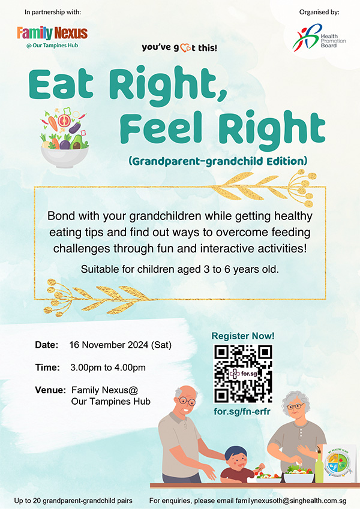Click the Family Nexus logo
pyautogui.click(x=52, y=37)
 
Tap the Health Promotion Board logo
pyautogui.click(x=319, y=38)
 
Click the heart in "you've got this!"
pyautogui.click(x=185, y=49)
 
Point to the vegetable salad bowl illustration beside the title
pyautogui.click(x=64, y=138)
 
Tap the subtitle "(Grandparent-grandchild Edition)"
pyautogui.click(x=218, y=161)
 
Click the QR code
pyautogui.click(x=243, y=374)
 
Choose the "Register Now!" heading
pyautogui.click(x=243, y=336)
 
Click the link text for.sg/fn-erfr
pyautogui.click(x=242, y=411)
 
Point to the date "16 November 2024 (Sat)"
pyautogui.click(x=120, y=345)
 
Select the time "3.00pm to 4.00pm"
pyautogui.click(x=108, y=368)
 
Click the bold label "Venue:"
pyautogui.click(x=50, y=390)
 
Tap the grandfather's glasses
pyautogui.click(x=186, y=401)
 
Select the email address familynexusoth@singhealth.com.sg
pyautogui.click(x=291, y=501)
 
